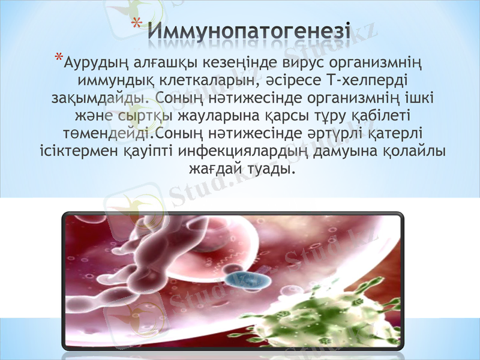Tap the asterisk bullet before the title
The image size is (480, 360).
point(136,25)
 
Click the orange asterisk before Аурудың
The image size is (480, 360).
point(58,58)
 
